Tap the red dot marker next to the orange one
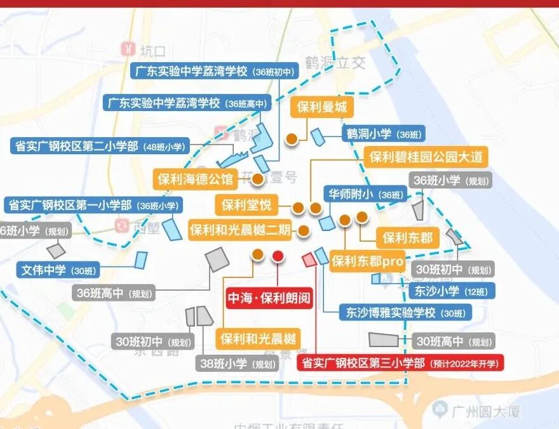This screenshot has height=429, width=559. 278,256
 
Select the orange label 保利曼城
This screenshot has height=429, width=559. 322,107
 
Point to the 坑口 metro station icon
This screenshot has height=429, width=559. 130,50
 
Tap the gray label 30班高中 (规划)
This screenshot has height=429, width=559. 453,341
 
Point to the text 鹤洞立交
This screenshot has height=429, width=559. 336,63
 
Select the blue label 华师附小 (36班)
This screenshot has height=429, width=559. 365,194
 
